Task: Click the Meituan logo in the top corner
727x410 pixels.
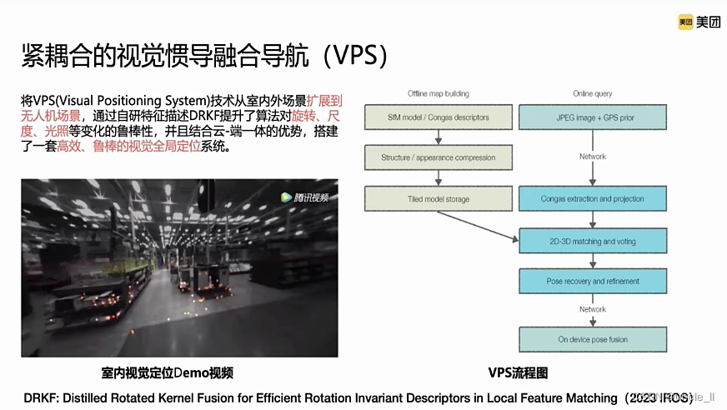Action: tap(699, 22)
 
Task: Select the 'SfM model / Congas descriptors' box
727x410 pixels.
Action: tap(426, 117)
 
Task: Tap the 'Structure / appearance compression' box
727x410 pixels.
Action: tap(426, 157)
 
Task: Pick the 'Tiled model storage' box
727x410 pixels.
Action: tap(426, 199)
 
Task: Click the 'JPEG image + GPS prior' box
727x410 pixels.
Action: tap(592, 117)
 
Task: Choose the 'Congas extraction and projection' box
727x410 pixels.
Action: tap(592, 199)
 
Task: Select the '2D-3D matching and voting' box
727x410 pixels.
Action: tap(592, 242)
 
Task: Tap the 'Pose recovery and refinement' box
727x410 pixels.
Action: tap(592, 282)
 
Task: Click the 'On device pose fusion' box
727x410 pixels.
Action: tap(592, 339)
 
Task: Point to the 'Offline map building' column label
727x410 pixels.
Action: tap(438, 93)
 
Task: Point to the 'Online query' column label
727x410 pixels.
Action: tap(592, 93)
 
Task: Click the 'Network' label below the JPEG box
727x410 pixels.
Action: tap(592, 157)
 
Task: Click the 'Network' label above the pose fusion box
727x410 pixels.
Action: tap(592, 309)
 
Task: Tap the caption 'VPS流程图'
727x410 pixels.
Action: tap(518, 372)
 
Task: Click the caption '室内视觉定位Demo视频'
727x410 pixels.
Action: tap(168, 372)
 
